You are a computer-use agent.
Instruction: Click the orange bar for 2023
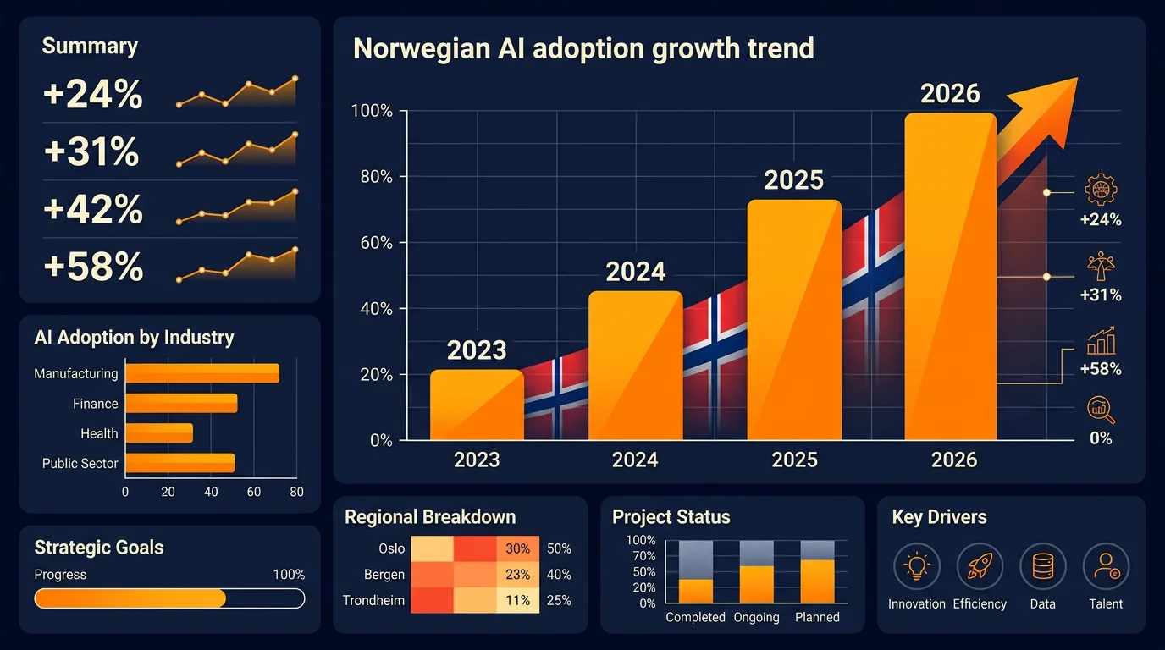click(x=477, y=405)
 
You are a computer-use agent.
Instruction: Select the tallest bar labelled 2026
click(x=950, y=279)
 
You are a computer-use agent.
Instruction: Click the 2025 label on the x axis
click(x=794, y=460)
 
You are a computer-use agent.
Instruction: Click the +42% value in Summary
click(x=93, y=209)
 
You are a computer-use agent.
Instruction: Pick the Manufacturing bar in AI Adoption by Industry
click(x=202, y=373)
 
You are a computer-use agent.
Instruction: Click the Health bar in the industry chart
click(x=159, y=433)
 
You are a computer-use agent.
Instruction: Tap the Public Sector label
click(x=80, y=463)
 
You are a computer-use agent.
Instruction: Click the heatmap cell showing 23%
click(x=517, y=575)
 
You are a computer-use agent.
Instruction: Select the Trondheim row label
click(x=373, y=600)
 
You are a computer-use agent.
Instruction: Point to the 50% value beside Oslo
click(x=559, y=548)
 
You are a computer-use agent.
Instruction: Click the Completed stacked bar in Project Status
click(x=696, y=571)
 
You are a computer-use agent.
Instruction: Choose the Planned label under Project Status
click(x=817, y=617)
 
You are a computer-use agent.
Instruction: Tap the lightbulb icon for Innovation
click(x=916, y=566)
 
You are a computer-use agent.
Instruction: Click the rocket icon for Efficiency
click(x=980, y=566)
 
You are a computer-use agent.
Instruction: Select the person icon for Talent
click(x=1106, y=566)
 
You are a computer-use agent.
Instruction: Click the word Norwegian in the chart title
click(x=421, y=48)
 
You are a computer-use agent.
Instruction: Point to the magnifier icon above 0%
click(x=1101, y=410)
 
